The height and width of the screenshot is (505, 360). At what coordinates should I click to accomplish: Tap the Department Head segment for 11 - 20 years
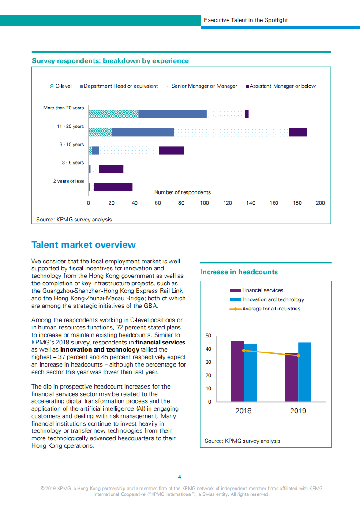coord(142,132)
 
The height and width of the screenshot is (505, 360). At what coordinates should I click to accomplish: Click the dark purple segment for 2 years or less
coord(113,187)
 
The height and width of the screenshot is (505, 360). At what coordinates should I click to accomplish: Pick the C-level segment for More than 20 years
coord(113,114)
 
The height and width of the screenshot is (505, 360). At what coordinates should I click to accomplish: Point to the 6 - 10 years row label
coord(71,145)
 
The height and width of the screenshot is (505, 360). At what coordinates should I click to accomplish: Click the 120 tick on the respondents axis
coord(228,203)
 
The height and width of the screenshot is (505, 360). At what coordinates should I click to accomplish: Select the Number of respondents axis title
coord(182,192)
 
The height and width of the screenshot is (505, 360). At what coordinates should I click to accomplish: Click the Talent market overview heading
coord(84,245)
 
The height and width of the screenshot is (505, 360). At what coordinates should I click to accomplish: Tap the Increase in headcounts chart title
coord(239,272)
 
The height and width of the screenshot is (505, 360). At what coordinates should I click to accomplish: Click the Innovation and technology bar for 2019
coord(305,372)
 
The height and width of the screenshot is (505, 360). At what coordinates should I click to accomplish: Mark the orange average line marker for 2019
coord(298,355)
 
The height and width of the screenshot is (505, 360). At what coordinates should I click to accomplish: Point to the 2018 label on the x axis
coord(243,411)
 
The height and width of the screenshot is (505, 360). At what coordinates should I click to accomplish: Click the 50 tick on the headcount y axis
coord(208,336)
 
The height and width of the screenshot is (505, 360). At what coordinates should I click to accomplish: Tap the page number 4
coord(180,476)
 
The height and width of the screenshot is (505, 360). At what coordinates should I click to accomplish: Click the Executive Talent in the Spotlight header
coord(246,20)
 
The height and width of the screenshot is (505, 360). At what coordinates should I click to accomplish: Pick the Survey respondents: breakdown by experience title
coord(110,61)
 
